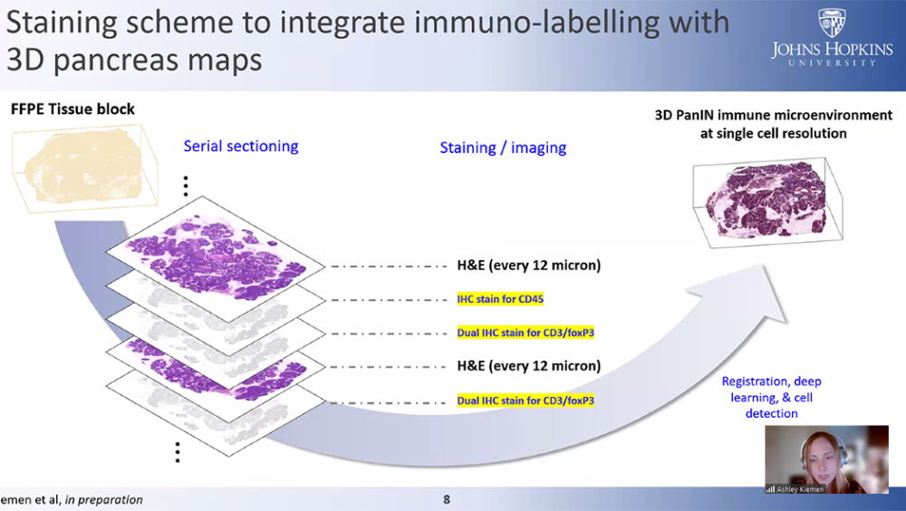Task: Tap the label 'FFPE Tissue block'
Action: [x=72, y=110]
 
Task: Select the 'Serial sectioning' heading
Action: [x=240, y=146]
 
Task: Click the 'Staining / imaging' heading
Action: [x=503, y=148]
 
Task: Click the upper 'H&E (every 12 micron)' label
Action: [x=528, y=265]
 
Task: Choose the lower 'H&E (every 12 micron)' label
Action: [x=528, y=366]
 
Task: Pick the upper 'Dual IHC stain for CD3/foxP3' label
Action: [x=525, y=333]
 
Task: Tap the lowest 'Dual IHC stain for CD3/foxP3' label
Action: [x=525, y=400]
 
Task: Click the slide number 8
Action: [x=446, y=499]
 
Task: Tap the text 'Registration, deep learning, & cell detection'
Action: [x=771, y=398]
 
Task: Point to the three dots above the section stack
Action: [x=186, y=186]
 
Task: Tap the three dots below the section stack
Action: [x=178, y=451]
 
